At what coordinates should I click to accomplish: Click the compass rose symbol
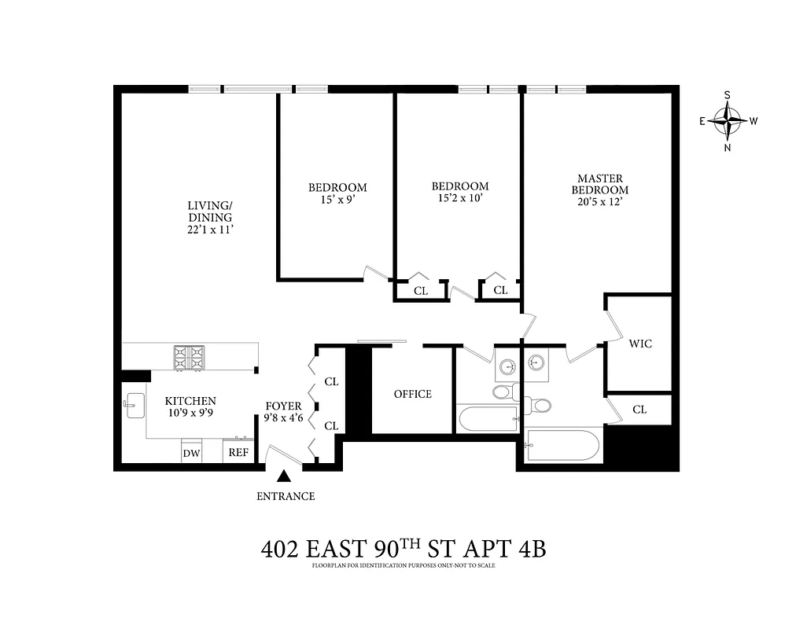click(727, 121)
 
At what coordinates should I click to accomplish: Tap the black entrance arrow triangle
click(285, 476)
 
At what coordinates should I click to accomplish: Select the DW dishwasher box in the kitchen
click(191, 453)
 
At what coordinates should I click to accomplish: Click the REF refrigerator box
click(238, 453)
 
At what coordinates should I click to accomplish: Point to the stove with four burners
click(189, 358)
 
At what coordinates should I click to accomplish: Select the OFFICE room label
click(413, 394)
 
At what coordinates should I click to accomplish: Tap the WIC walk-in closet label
click(640, 344)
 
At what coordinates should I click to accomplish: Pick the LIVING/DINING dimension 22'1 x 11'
click(209, 230)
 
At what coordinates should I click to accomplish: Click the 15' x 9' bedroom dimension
click(337, 200)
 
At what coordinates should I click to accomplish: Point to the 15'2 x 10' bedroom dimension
click(459, 199)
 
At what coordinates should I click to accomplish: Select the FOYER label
click(283, 406)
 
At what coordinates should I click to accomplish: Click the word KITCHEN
click(190, 401)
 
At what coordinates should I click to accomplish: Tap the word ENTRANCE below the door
click(286, 496)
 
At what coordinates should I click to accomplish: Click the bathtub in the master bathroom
click(562, 445)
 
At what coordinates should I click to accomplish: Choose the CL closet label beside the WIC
click(639, 410)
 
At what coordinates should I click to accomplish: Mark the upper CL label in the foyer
click(331, 381)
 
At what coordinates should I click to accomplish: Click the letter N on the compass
click(727, 148)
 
